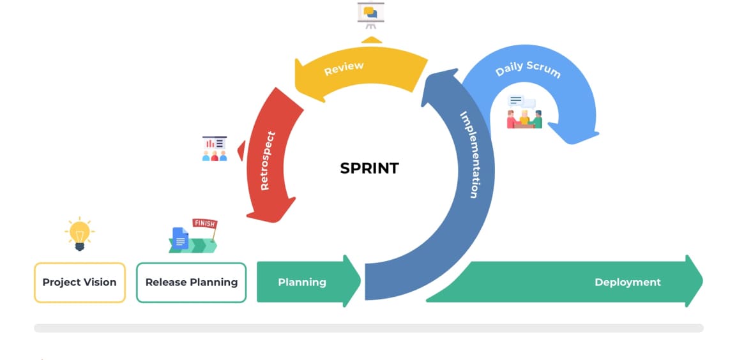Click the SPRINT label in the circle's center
point(369,169)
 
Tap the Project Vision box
point(79,282)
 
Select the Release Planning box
point(191,282)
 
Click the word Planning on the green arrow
point(302,282)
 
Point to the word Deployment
point(627,282)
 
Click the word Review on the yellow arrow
point(344,68)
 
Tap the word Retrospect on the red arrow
point(268,160)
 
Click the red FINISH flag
point(204,223)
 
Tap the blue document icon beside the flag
point(181,239)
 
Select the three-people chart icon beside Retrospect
point(215,148)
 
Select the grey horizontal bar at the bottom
point(369,328)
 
